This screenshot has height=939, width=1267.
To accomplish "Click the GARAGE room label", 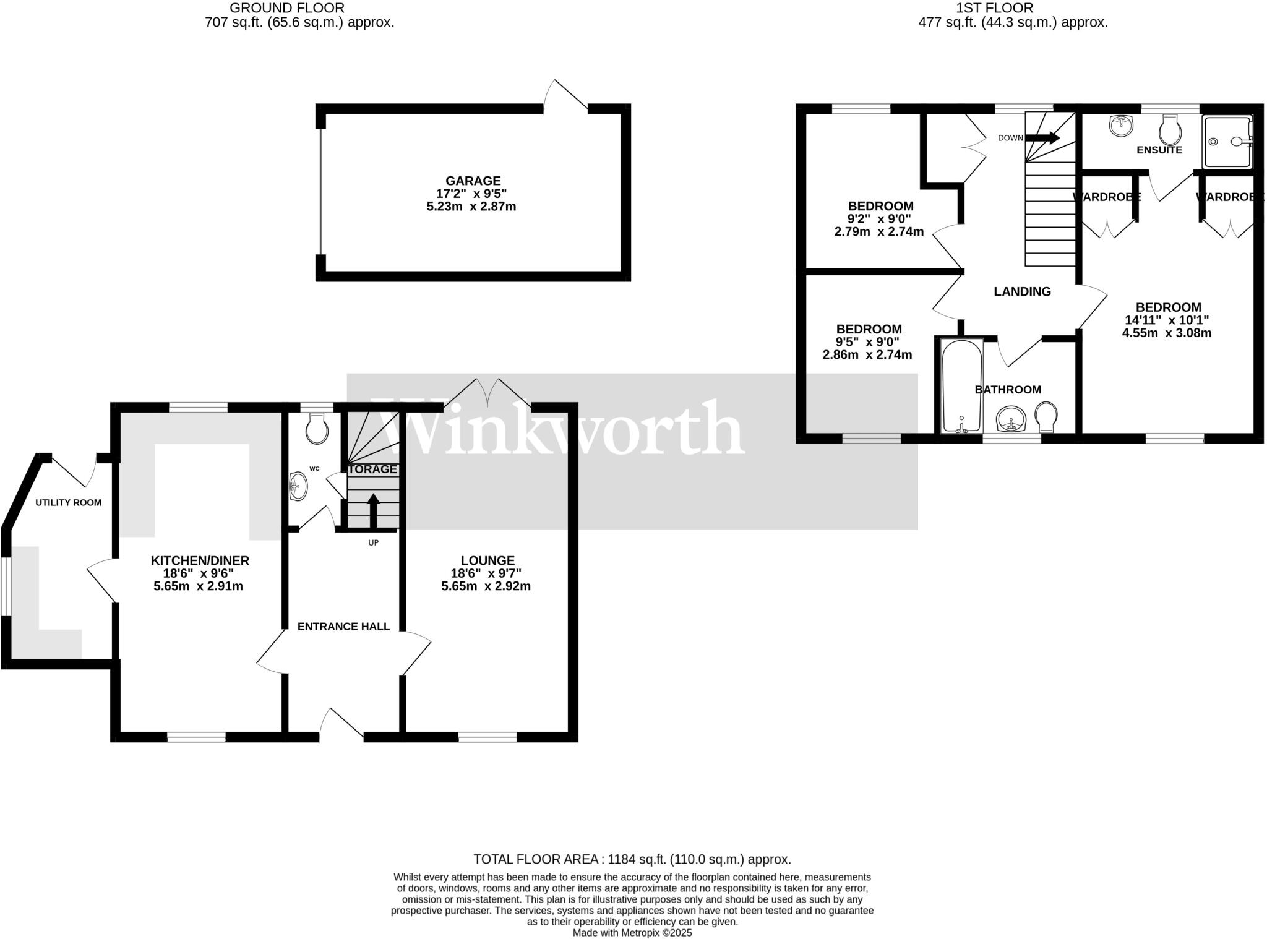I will (473, 181).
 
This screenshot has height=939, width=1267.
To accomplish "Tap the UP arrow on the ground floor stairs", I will (373, 511).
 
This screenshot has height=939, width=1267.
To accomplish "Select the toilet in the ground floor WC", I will (317, 428).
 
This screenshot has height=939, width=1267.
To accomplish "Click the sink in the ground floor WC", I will (298, 486).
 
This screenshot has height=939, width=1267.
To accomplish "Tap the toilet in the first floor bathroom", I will (1046, 417).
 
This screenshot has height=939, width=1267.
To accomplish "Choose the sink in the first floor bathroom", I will (1011, 421).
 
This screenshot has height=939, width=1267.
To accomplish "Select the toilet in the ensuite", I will (1170, 131).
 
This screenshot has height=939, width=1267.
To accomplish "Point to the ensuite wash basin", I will (1120, 126).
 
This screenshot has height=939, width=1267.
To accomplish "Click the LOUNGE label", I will (487, 560).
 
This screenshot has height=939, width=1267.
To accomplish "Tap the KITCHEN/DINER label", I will (200, 560).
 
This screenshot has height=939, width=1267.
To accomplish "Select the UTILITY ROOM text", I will (68, 502).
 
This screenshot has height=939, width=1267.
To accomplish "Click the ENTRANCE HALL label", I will (343, 627).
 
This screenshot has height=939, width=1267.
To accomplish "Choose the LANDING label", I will (1022, 291).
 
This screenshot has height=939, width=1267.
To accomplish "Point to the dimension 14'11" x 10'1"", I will (1166, 320).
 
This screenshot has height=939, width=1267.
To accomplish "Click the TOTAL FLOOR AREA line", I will (632, 859).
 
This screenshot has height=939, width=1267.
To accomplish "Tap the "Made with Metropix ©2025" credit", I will (632, 933).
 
